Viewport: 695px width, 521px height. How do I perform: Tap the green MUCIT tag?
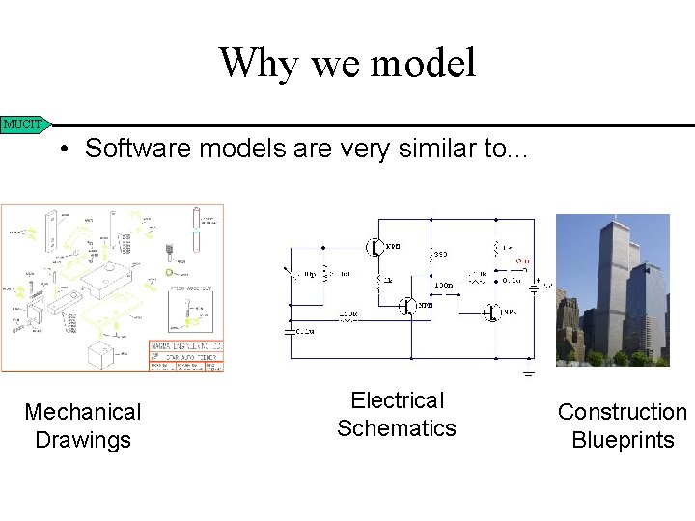[x=24, y=123]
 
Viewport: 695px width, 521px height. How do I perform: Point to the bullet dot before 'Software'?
[x=61, y=150]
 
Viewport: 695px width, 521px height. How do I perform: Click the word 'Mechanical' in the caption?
[x=83, y=412]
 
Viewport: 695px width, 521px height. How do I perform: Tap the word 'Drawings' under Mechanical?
[x=83, y=440]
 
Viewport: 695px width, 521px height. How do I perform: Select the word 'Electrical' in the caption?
[x=397, y=400]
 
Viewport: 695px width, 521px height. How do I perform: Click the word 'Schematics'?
[x=397, y=427]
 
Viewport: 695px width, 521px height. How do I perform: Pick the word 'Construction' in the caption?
[x=623, y=412]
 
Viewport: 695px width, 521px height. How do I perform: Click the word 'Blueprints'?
[x=623, y=440]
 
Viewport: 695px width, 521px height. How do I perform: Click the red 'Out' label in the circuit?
[x=522, y=260]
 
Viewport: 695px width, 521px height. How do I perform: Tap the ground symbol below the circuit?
[x=529, y=373]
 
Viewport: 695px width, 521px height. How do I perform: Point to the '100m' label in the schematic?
[x=443, y=285]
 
